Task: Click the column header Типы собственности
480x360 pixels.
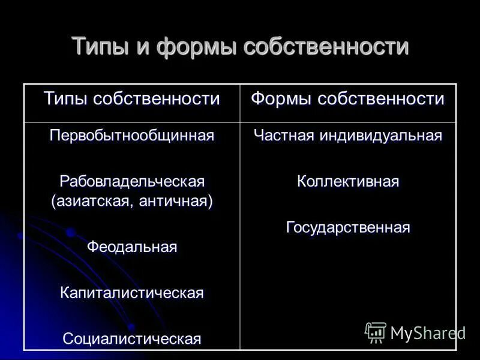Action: [132, 98]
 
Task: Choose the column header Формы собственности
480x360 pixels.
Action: [348, 98]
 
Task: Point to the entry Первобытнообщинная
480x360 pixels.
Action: [132, 135]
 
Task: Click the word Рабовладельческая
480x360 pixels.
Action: [132, 181]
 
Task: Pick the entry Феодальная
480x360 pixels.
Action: [132, 247]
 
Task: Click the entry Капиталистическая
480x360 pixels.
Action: [132, 293]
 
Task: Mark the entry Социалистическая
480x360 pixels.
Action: [132, 338]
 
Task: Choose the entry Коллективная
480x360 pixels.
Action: [348, 181]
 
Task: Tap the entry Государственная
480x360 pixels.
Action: [348, 227]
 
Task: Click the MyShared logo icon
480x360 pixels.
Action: [376, 332]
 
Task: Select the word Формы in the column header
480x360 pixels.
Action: [280, 98]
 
